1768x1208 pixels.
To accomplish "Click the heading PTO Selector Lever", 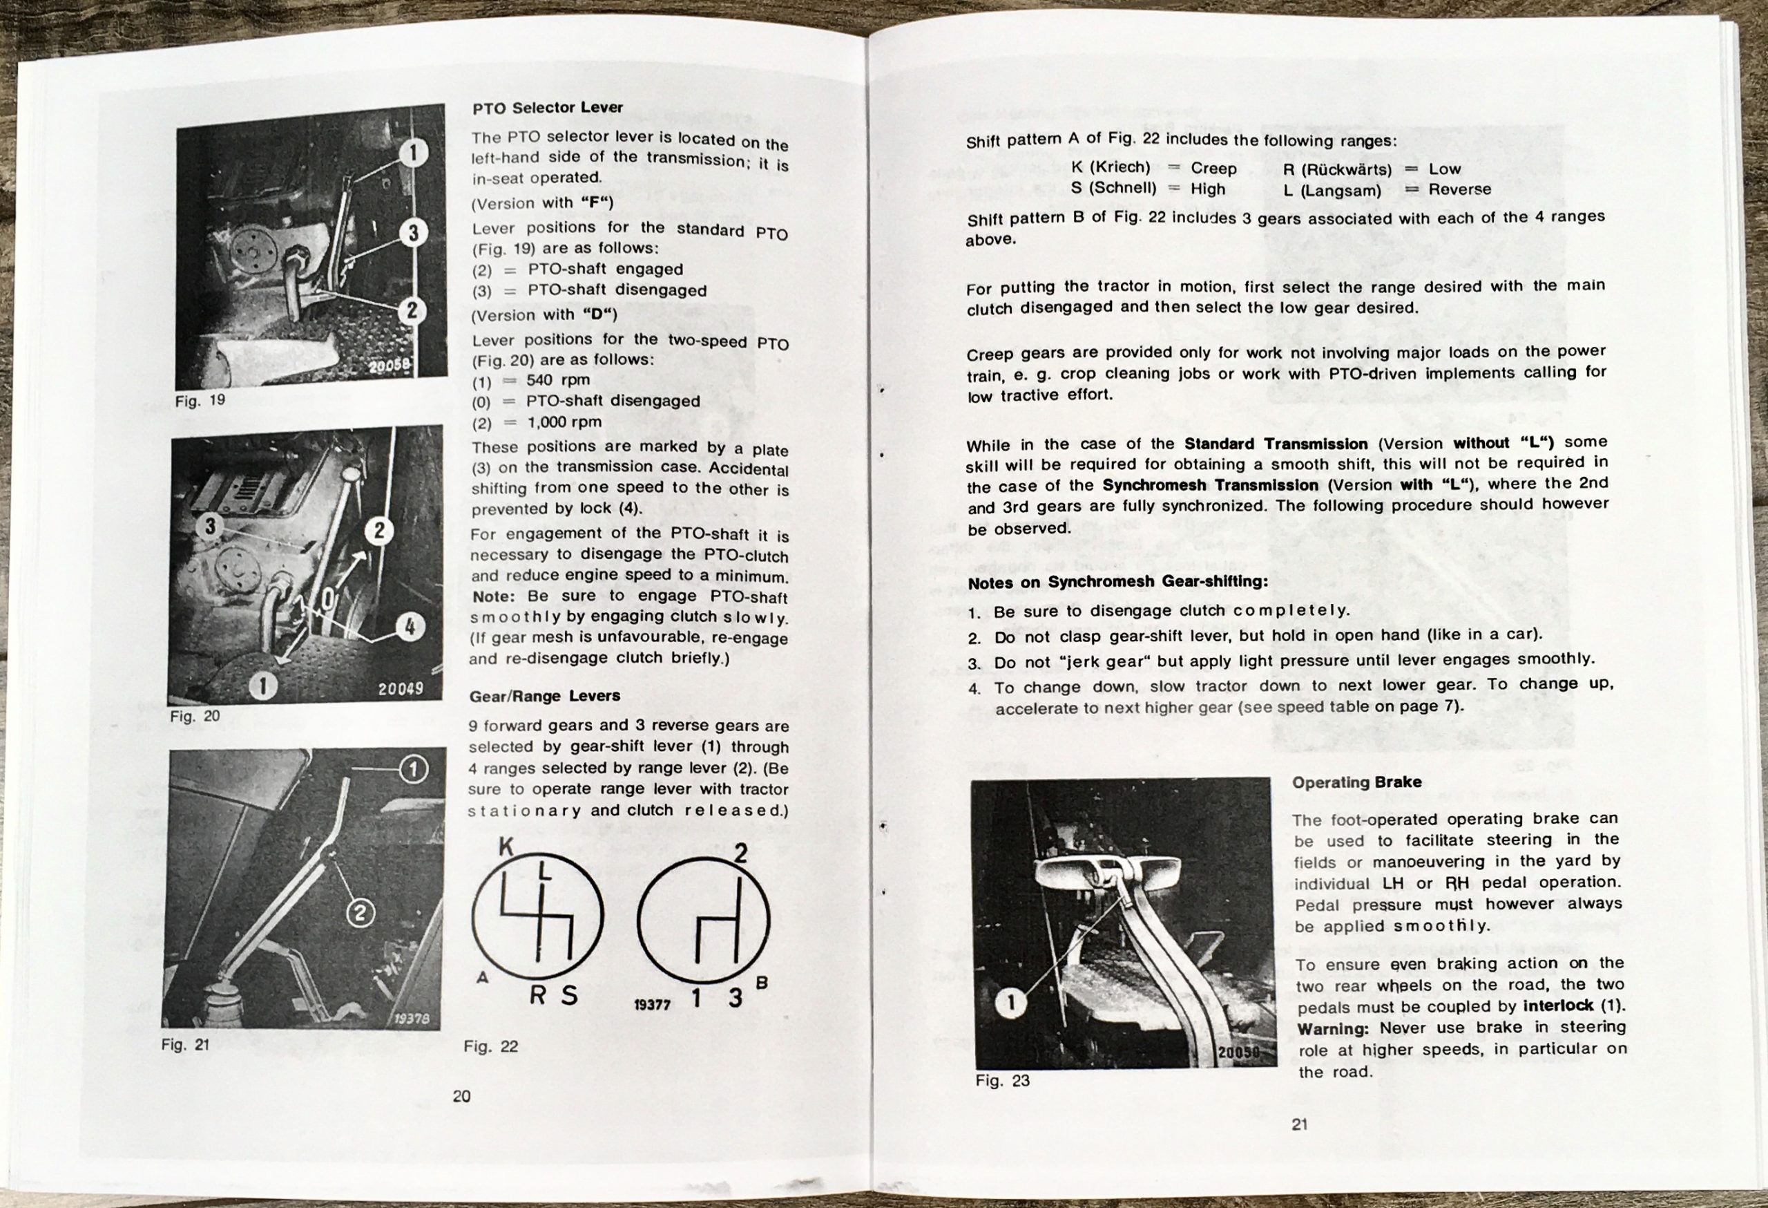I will pyautogui.click(x=547, y=108).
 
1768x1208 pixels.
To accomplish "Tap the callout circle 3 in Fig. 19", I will pyautogui.click(x=413, y=232).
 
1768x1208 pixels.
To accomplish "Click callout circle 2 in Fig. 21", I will pyautogui.click(x=360, y=913).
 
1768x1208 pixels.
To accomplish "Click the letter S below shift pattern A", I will pyautogui.click(x=568, y=995).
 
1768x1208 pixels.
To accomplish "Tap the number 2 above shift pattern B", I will pyautogui.click(x=740, y=853).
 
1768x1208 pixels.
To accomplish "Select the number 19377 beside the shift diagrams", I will pyautogui.click(x=652, y=1005).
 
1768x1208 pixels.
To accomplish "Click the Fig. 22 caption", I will pyautogui.click(x=490, y=1046).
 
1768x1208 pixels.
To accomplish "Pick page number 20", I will pyautogui.click(x=462, y=1096).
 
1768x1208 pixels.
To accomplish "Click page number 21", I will pyautogui.click(x=1299, y=1124).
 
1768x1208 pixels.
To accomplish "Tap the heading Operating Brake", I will pyautogui.click(x=1356, y=782).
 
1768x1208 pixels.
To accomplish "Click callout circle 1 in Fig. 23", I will pyautogui.click(x=1010, y=1003).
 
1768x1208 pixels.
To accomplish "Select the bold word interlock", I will pyautogui.click(x=1557, y=1006).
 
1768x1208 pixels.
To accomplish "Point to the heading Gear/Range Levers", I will pyautogui.click(x=544, y=696).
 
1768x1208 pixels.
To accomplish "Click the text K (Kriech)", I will pyautogui.click(x=1110, y=167).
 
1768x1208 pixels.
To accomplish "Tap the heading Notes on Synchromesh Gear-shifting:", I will pyautogui.click(x=1117, y=583).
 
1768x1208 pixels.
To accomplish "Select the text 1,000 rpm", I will pyautogui.click(x=564, y=422).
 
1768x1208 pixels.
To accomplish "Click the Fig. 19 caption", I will pyautogui.click(x=200, y=400).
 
